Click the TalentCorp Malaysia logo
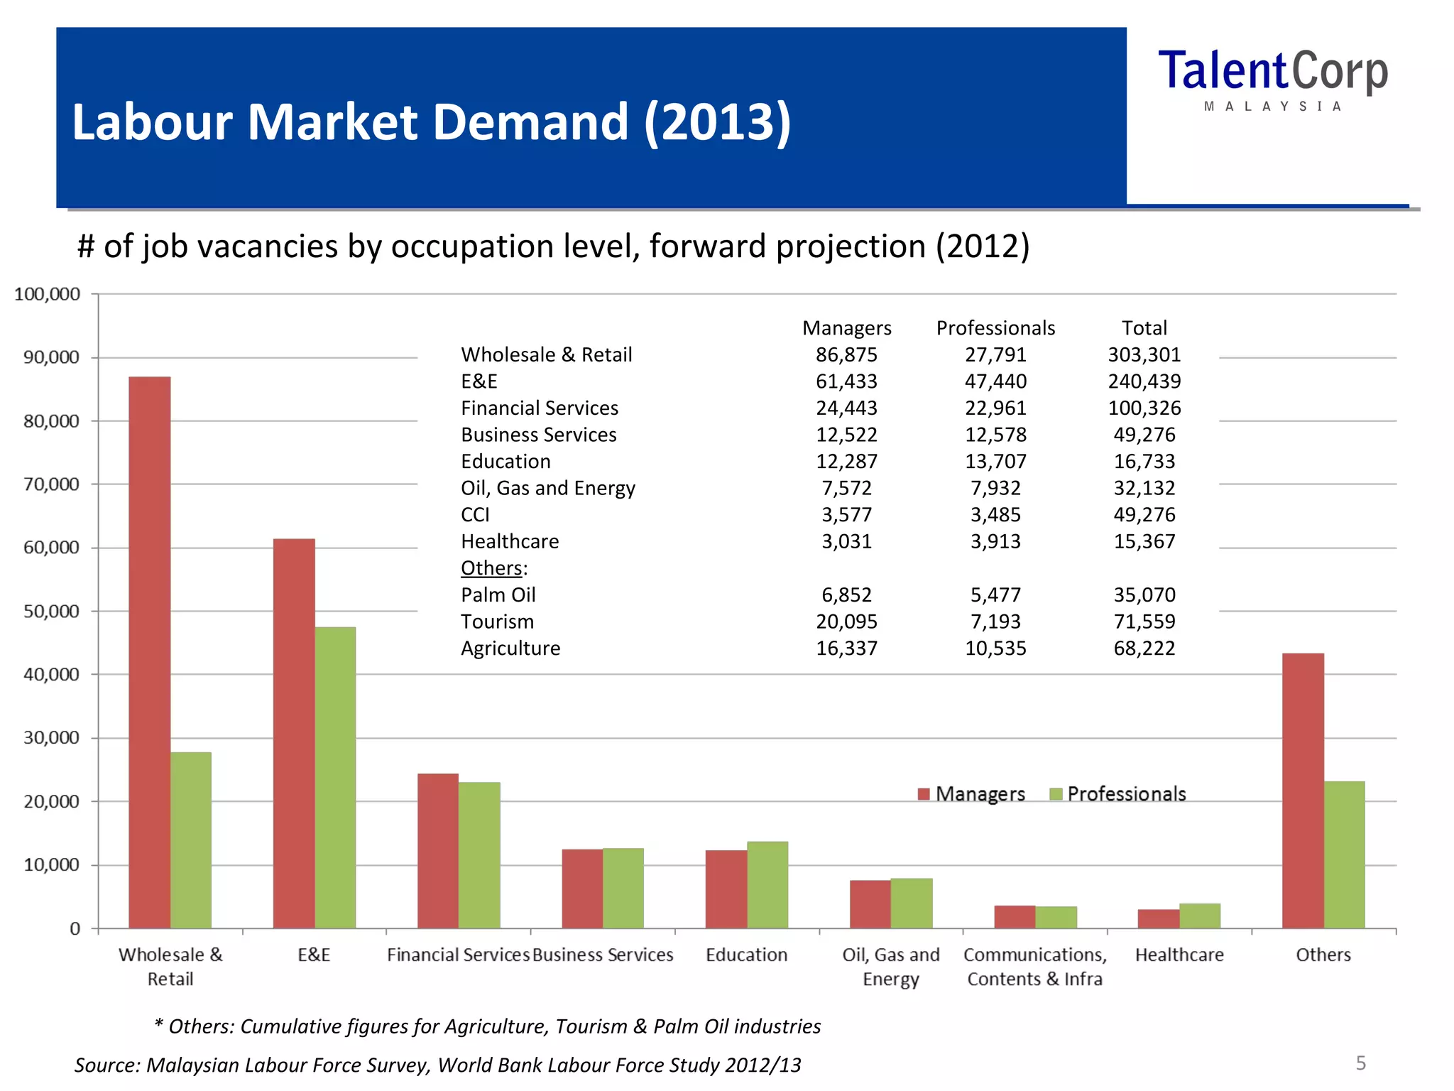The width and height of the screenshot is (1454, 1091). (x=1272, y=78)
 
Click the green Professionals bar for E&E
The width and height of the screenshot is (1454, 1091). (x=335, y=777)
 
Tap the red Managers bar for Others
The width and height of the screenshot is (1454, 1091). (x=1303, y=790)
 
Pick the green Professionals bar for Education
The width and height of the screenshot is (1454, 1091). (x=767, y=884)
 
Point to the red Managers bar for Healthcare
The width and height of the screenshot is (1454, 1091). (x=1158, y=918)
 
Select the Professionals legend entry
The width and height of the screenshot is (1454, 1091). (x=1117, y=793)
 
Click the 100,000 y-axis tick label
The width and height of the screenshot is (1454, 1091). (x=47, y=294)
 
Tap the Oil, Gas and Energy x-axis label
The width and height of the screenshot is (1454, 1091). (x=890, y=966)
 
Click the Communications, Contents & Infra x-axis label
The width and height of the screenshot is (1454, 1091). (x=1034, y=966)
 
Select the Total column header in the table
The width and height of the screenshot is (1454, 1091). (x=1144, y=327)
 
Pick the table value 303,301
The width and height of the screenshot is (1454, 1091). (x=1144, y=354)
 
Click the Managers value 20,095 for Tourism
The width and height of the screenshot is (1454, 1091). (x=846, y=622)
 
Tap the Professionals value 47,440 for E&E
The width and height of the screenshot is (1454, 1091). (x=995, y=381)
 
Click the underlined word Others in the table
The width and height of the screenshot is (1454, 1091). (x=491, y=568)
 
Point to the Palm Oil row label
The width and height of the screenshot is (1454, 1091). (x=498, y=595)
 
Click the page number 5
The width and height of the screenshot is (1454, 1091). (x=1360, y=1063)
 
